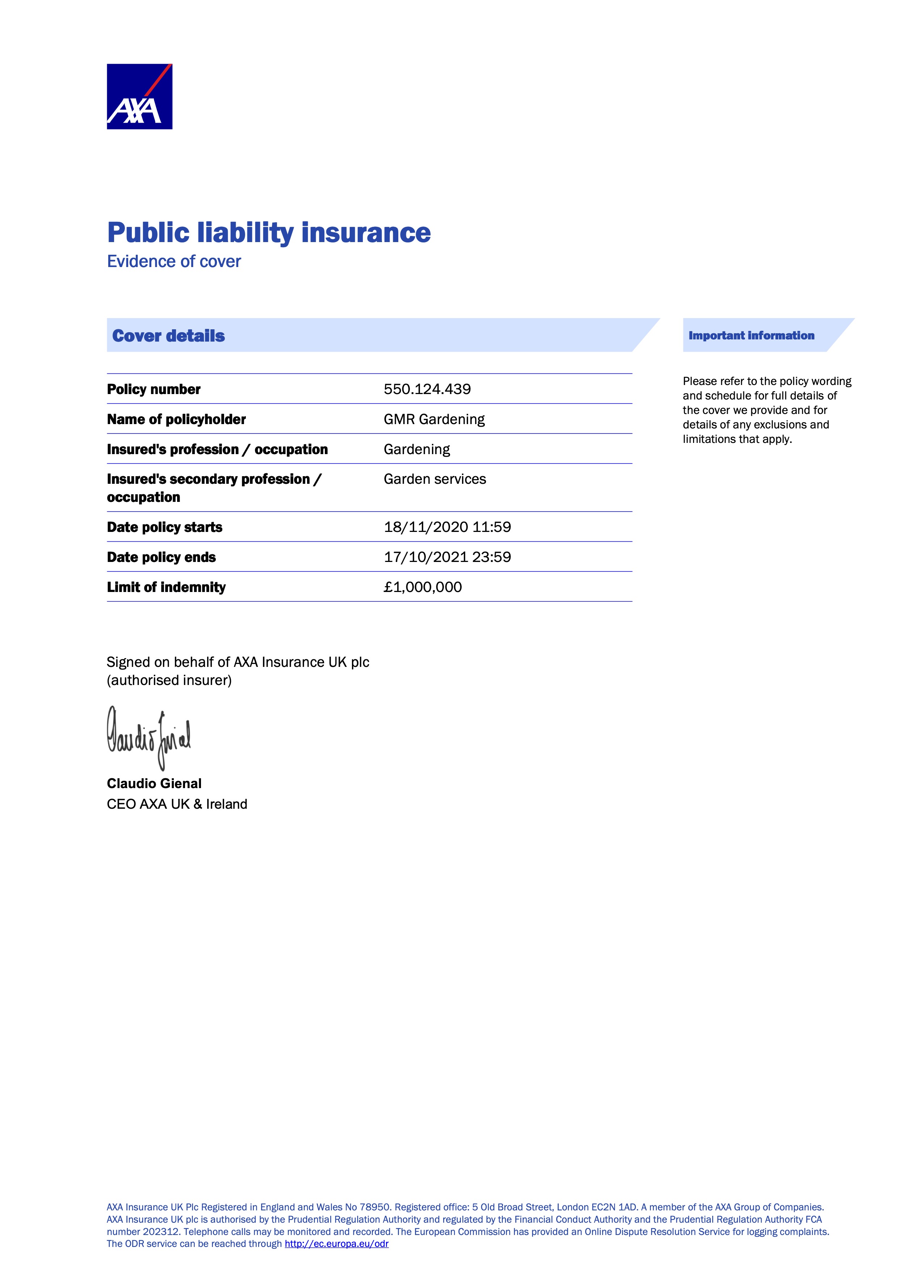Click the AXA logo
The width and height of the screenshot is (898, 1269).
pyautogui.click(x=139, y=96)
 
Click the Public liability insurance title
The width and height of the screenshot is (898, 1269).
pyautogui.click(x=269, y=232)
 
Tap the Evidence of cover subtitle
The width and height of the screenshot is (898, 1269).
pyautogui.click(x=174, y=261)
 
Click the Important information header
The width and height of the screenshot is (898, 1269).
pyautogui.click(x=751, y=335)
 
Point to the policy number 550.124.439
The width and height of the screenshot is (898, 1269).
pyautogui.click(x=427, y=389)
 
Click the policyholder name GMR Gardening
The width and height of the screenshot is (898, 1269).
pyautogui.click(x=434, y=419)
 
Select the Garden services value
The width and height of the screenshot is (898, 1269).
pyautogui.click(x=435, y=479)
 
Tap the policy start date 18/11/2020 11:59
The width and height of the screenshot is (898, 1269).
pyautogui.click(x=447, y=527)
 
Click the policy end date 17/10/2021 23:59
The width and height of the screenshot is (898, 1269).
pyautogui.click(x=447, y=557)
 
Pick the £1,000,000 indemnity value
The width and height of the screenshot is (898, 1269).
pyautogui.click(x=423, y=587)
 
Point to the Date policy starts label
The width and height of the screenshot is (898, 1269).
pyautogui.click(x=164, y=527)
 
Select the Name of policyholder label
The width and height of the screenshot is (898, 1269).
pyautogui.click(x=176, y=419)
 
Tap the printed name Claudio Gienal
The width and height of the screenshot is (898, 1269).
pyautogui.click(x=154, y=784)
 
